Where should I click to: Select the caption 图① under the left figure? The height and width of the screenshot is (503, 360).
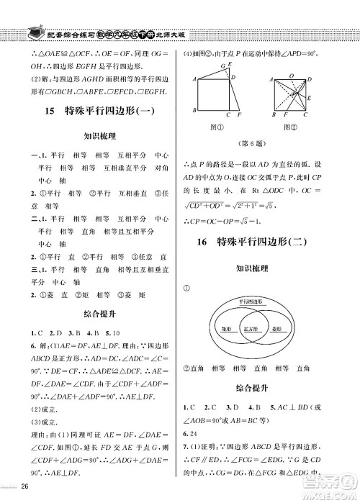pyautogui.click(x=213, y=127)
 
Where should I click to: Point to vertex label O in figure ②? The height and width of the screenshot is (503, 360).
pyautogui.click(x=290, y=75)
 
